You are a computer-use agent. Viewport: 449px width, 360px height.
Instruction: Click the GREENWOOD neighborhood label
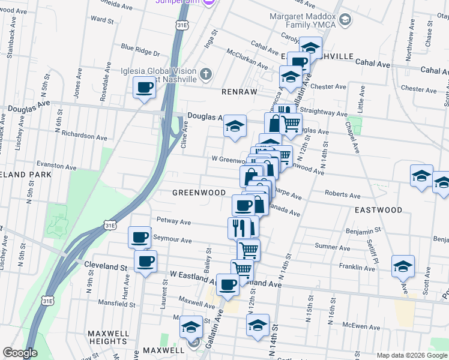(199, 193)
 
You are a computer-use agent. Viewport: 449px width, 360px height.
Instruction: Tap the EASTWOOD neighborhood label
(378, 210)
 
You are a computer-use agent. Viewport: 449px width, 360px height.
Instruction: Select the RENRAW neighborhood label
(239, 92)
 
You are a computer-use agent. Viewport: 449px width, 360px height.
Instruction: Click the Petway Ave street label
(173, 221)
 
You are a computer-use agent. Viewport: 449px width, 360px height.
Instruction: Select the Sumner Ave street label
(332, 247)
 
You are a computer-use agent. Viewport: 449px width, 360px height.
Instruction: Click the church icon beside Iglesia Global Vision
(205, 74)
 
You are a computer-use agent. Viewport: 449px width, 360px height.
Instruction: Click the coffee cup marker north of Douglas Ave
(144, 88)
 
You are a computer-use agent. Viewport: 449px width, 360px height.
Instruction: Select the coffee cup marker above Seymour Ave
(139, 236)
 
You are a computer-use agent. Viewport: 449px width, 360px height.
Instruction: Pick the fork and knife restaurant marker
(239, 227)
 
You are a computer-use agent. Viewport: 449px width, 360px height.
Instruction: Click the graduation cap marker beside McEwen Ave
(258, 325)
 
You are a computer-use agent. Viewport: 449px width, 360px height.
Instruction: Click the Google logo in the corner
(20, 353)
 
